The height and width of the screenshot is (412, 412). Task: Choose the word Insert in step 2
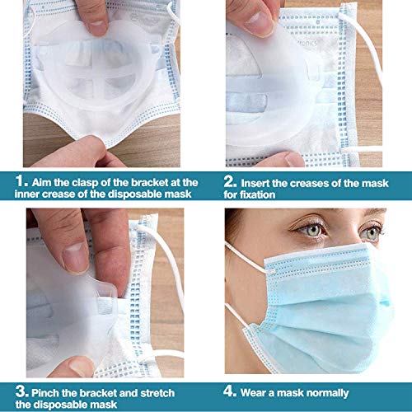261,181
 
